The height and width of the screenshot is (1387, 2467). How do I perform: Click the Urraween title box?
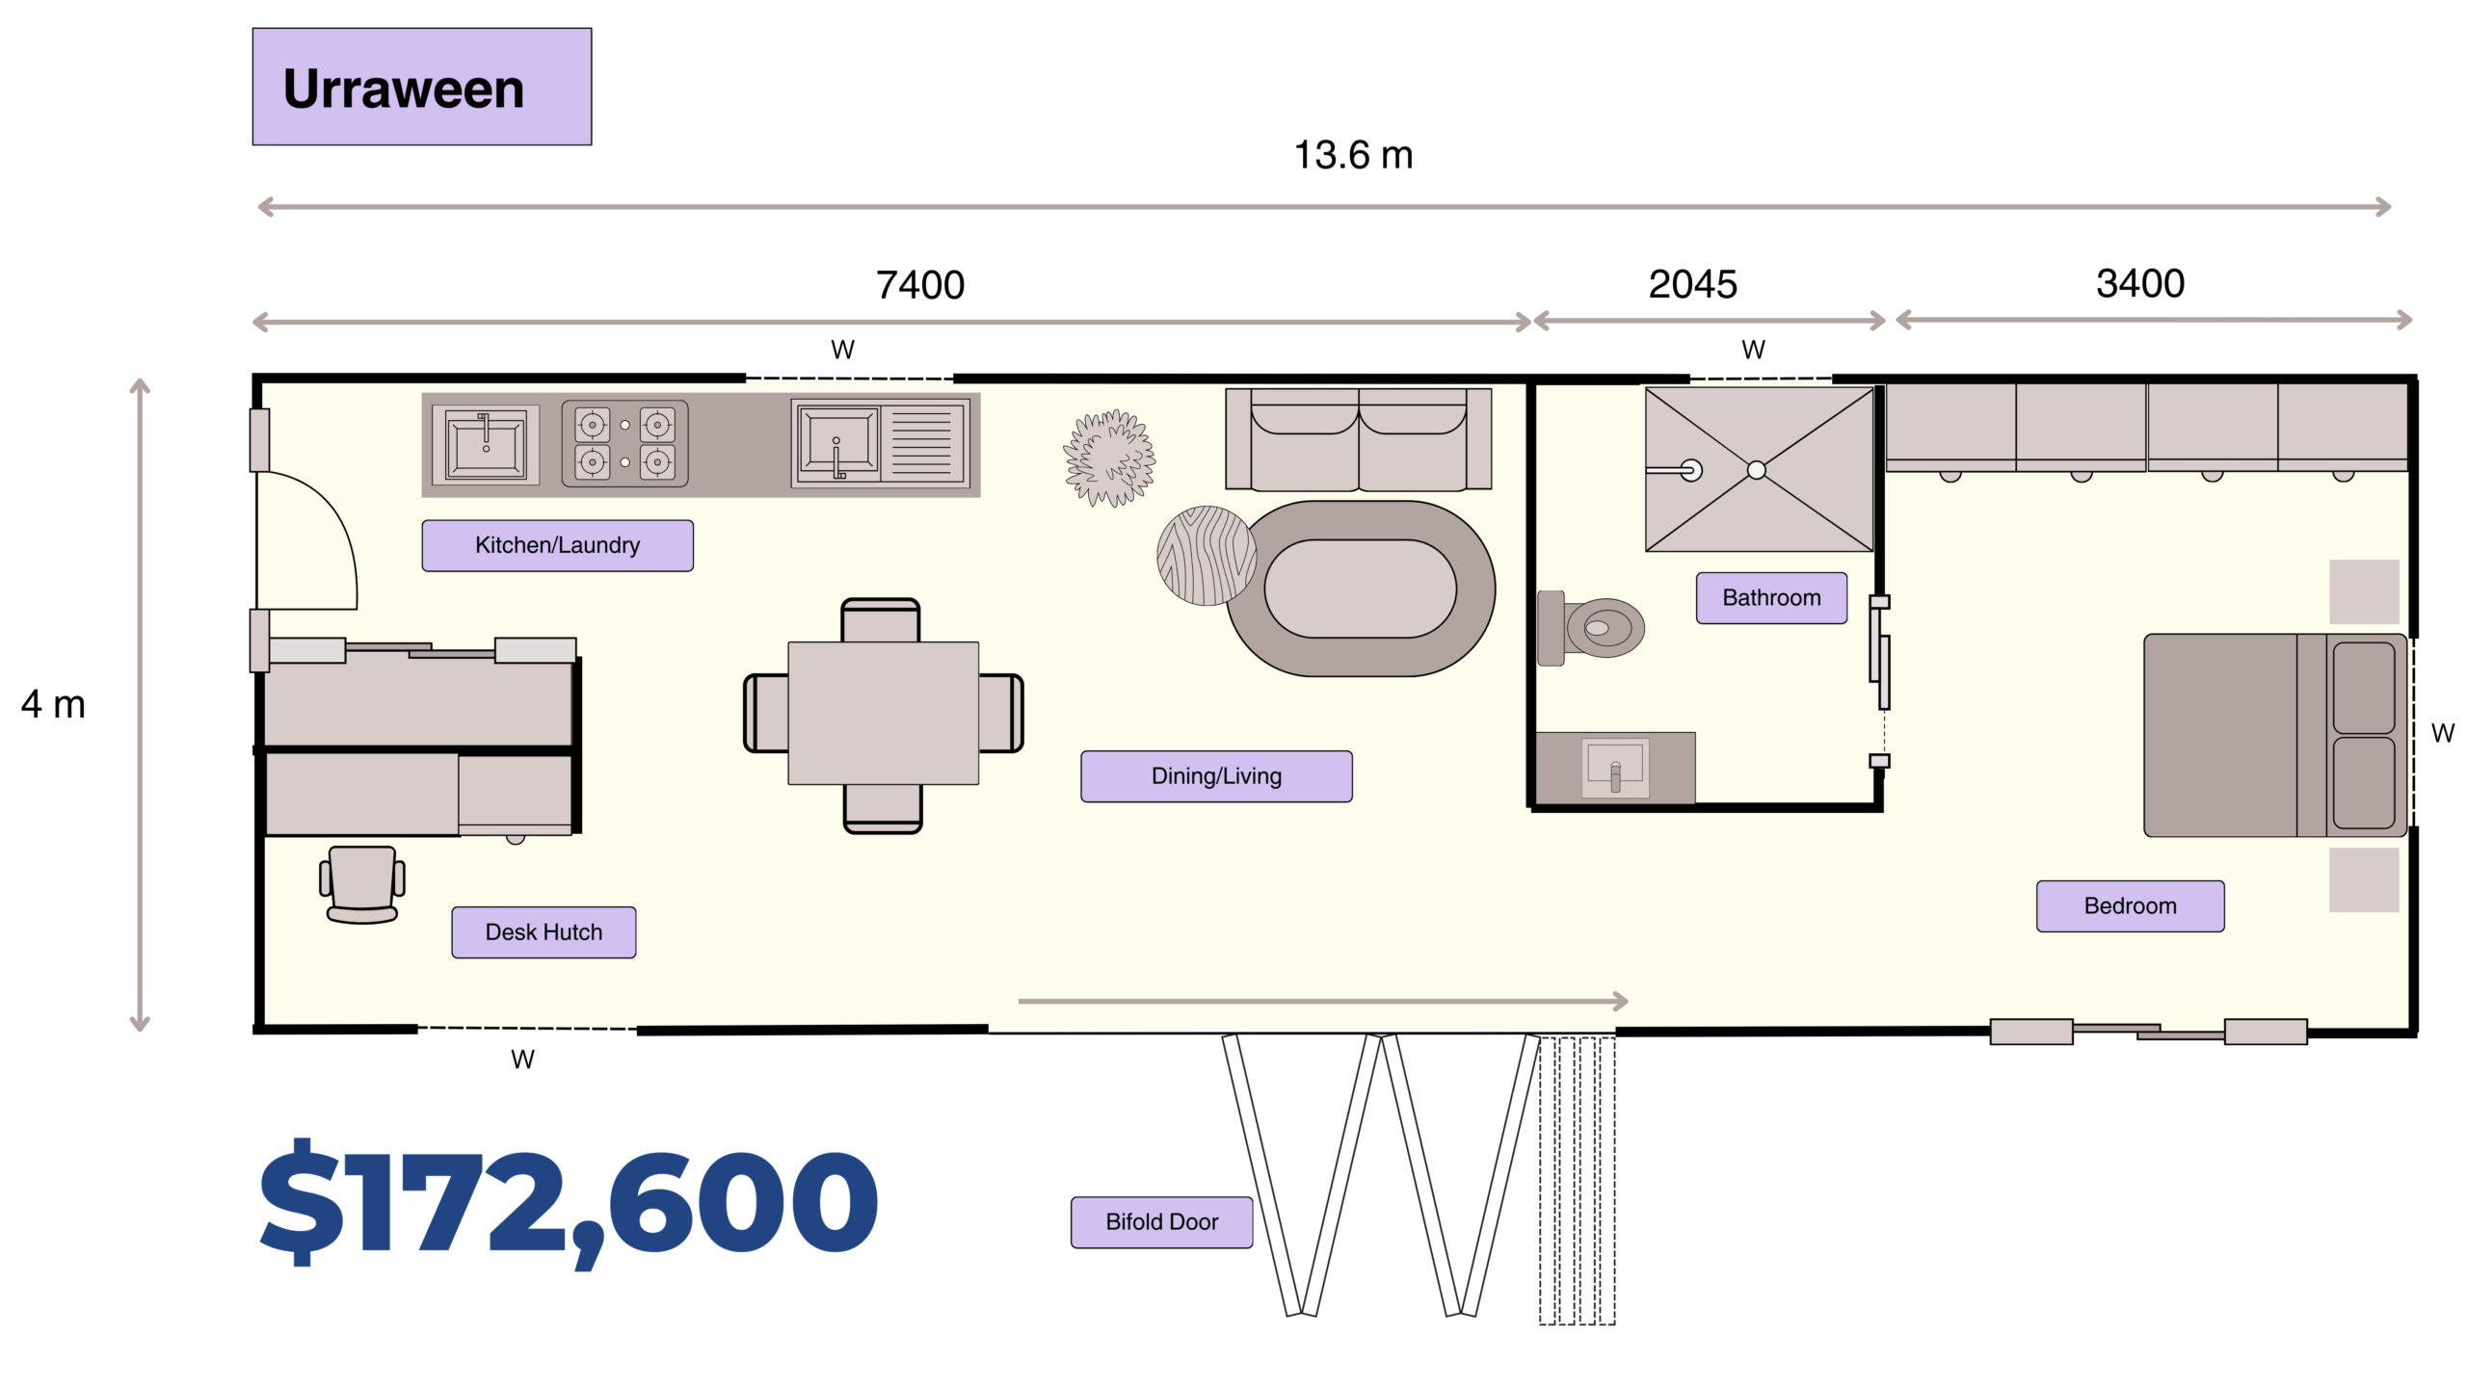(422, 87)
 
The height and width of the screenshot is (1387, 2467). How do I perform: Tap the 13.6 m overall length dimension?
(1353, 155)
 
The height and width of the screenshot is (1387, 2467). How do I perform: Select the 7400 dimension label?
(920, 285)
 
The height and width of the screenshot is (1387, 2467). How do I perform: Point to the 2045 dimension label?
(1693, 284)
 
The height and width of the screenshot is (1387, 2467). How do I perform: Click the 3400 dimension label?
(2140, 283)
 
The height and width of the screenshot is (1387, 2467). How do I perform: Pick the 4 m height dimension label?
(53, 704)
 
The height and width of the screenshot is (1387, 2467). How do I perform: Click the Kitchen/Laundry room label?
(557, 545)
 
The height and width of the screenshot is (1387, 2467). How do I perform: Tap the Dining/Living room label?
(1216, 776)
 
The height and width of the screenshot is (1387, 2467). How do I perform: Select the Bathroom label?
(1771, 598)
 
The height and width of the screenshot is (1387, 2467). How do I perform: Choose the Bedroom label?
(2130, 906)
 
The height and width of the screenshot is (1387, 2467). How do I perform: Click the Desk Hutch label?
(544, 932)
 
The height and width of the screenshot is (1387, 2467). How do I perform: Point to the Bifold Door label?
(1161, 1222)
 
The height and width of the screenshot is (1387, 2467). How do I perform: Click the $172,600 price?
(569, 1204)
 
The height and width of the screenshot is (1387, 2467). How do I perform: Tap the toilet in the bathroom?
(1591, 628)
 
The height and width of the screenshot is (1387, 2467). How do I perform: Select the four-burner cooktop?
(624, 444)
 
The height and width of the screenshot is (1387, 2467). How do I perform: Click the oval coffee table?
(1360, 589)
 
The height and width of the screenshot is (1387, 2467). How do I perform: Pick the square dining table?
(883, 714)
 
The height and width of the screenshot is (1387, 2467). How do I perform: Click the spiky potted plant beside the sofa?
(1109, 458)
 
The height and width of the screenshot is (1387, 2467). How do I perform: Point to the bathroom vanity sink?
(1615, 768)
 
